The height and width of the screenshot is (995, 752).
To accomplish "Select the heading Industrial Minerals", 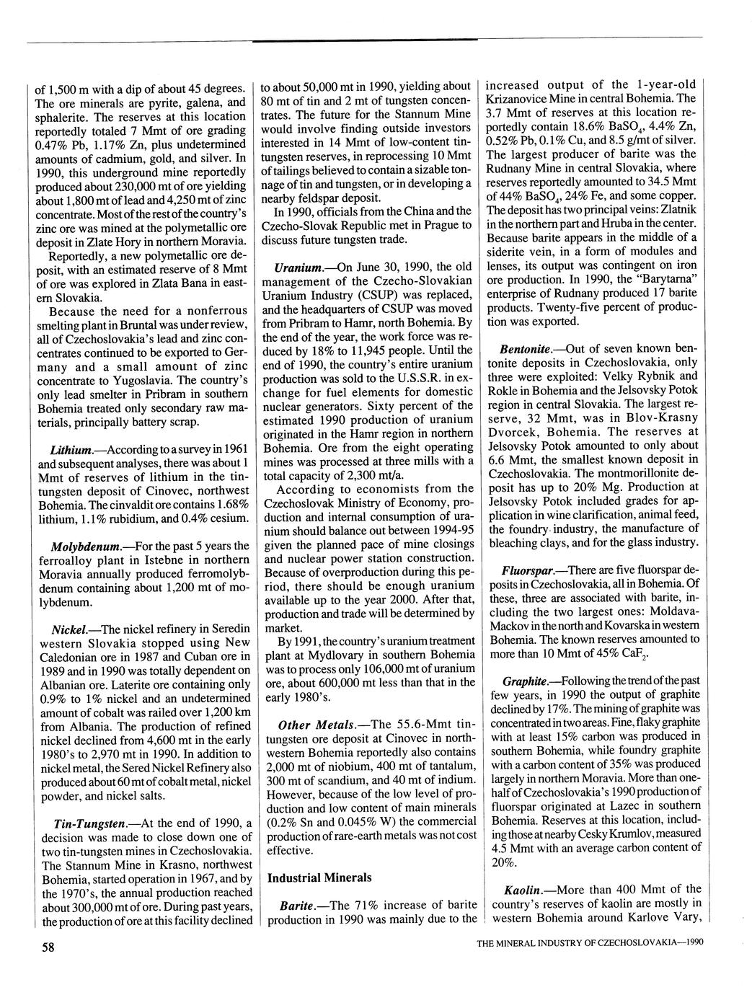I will pos(319,877).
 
